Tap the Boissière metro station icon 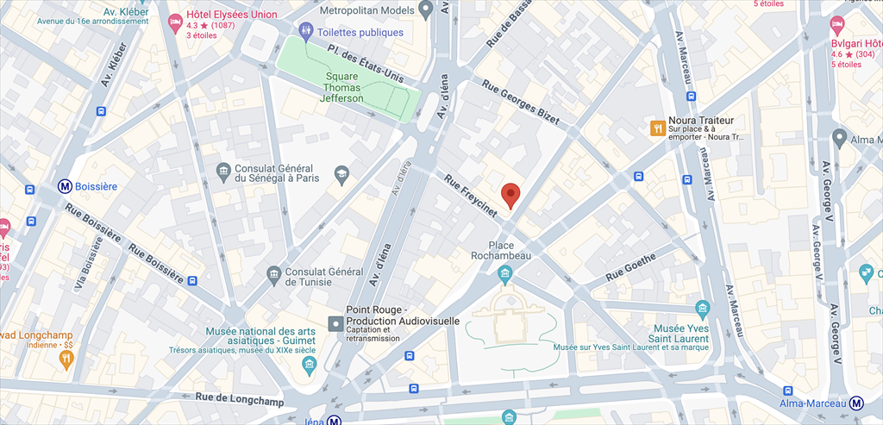click(x=65, y=185)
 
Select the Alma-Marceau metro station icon click(x=856, y=403)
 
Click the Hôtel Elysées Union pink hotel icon click(x=174, y=20)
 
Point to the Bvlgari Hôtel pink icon click(x=836, y=23)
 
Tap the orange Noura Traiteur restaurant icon click(x=657, y=128)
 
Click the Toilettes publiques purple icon click(x=305, y=32)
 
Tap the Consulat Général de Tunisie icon click(x=273, y=275)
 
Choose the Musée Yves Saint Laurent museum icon click(x=702, y=309)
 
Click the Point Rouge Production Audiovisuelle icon click(x=335, y=323)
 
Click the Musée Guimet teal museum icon click(x=309, y=366)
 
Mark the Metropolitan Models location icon click(x=425, y=9)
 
